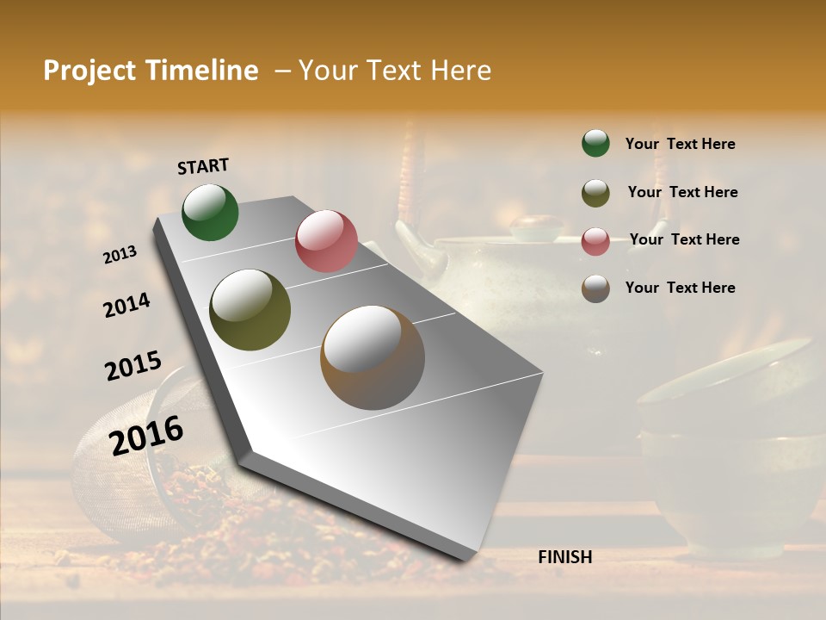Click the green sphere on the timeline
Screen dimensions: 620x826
click(x=210, y=212)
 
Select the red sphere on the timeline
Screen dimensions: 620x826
click(x=326, y=241)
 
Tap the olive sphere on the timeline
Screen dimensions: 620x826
click(x=250, y=310)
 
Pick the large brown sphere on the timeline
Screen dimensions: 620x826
click(x=373, y=357)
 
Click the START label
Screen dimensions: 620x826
click(x=203, y=166)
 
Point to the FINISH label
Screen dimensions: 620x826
click(x=565, y=557)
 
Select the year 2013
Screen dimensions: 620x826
click(x=120, y=255)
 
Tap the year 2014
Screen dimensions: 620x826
click(x=127, y=306)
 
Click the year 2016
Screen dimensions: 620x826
click(x=146, y=436)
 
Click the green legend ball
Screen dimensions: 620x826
click(x=595, y=143)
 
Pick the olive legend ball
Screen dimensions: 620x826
click(x=595, y=193)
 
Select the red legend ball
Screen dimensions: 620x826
click(x=595, y=241)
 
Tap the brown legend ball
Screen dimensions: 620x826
click(x=595, y=288)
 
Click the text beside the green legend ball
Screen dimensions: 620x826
click(x=680, y=144)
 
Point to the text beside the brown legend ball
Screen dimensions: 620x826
click(x=680, y=288)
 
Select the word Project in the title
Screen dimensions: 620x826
click(x=90, y=71)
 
